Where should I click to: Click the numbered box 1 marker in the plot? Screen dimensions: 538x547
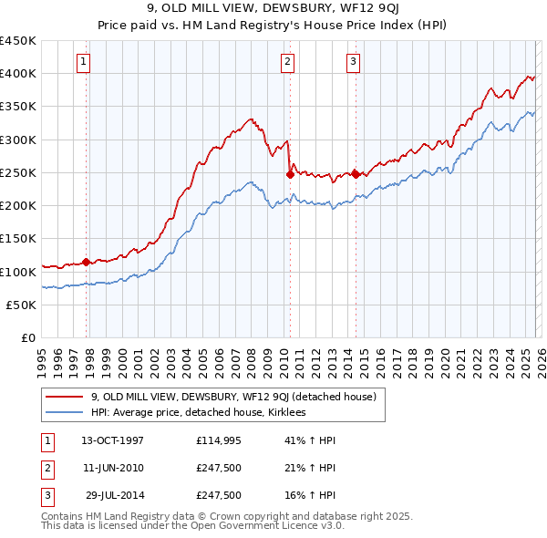tap(83, 62)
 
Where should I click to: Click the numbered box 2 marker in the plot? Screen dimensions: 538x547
tap(287, 62)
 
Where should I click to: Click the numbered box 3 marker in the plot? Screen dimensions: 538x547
tap(353, 62)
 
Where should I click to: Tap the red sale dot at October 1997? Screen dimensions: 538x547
tap(87, 262)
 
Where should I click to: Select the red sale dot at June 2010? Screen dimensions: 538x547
tap(290, 174)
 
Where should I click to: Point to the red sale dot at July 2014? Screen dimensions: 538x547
tap(356, 174)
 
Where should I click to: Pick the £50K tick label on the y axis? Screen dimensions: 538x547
tap(21, 305)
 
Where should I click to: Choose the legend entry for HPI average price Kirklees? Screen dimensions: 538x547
tap(198, 412)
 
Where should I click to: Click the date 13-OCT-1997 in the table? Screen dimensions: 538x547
tap(112, 440)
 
